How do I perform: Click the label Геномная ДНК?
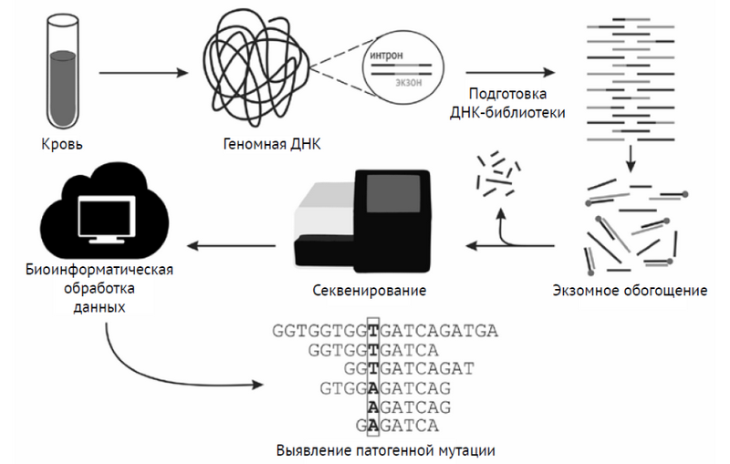(x=272, y=144)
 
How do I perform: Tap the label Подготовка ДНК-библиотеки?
(x=509, y=103)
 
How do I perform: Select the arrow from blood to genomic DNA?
(x=144, y=72)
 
